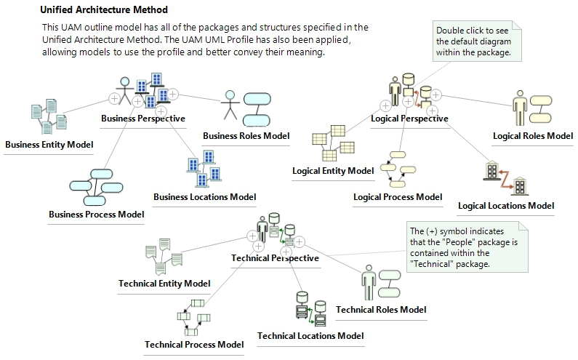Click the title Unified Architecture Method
pyautogui.click(x=103, y=10)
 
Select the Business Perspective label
pyautogui.click(x=143, y=119)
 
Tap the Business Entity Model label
pyautogui.click(x=49, y=145)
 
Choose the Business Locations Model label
pyautogui.click(x=204, y=197)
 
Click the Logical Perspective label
pyautogui.click(x=409, y=119)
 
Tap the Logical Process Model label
pyautogui.click(x=398, y=197)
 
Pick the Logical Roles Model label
pyautogui.click(x=533, y=136)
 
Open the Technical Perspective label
pyautogui.click(x=275, y=258)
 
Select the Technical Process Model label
pyautogui.click(x=194, y=344)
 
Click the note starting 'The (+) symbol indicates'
pyautogui.click(x=465, y=247)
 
